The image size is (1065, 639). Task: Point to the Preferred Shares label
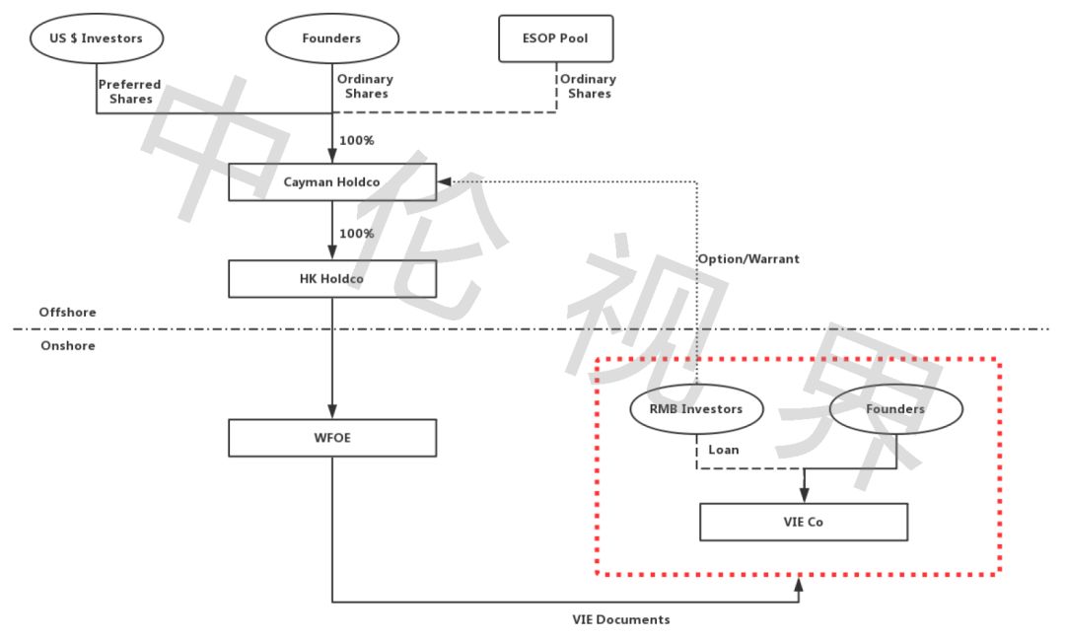pyautogui.click(x=130, y=92)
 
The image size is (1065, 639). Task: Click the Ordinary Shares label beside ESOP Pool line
pyautogui.click(x=588, y=86)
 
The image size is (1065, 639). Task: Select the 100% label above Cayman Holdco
pyautogui.click(x=357, y=141)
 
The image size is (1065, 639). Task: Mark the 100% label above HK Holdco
pyautogui.click(x=357, y=234)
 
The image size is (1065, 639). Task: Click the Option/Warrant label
pyautogui.click(x=748, y=258)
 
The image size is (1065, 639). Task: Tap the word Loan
pyautogui.click(x=724, y=450)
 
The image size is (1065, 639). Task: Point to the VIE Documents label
pyautogui.click(x=621, y=619)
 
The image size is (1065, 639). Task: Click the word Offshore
pyautogui.click(x=67, y=313)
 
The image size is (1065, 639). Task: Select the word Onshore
pyautogui.click(x=68, y=346)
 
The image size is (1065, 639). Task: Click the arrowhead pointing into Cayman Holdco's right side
pyautogui.click(x=444, y=182)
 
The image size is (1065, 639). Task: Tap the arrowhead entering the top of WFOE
pyautogui.click(x=332, y=411)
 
